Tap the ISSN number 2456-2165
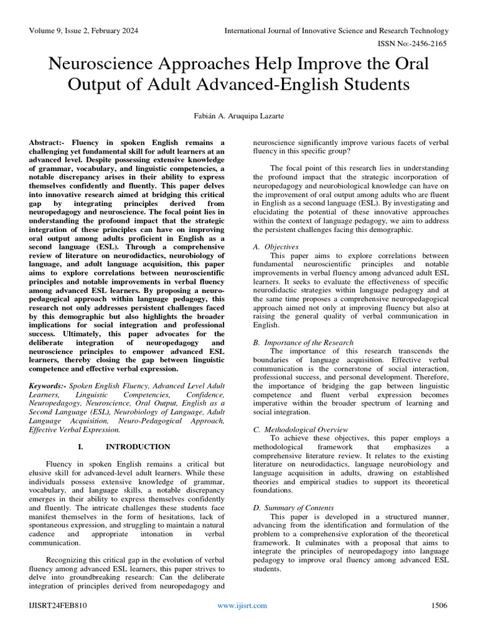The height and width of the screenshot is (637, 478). [426, 44]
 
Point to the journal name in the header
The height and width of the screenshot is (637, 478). [336, 30]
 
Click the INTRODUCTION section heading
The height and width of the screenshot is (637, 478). [138, 447]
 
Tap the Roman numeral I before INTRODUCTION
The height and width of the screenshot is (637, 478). [80, 447]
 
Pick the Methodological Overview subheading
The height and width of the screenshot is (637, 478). [306, 429]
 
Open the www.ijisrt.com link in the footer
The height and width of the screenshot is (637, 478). [241, 605]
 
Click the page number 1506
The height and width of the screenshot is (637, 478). [439, 605]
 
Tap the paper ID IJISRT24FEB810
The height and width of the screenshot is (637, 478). [58, 605]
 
